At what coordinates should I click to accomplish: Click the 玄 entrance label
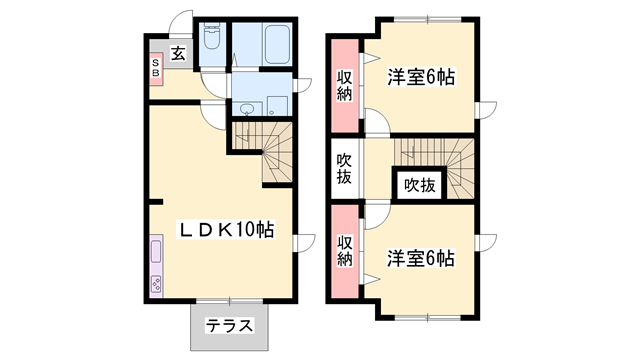pyautogui.click(x=177, y=54)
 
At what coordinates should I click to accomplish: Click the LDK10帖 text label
pyautogui.click(x=226, y=229)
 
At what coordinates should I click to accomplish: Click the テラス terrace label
pyautogui.click(x=229, y=325)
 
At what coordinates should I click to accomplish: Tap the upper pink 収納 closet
pyautogui.click(x=344, y=86)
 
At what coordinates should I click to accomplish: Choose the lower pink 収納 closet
pyautogui.click(x=344, y=250)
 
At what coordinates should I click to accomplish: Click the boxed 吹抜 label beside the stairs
pyautogui.click(x=420, y=185)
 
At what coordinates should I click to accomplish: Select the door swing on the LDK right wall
pyautogui.click(x=304, y=241)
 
